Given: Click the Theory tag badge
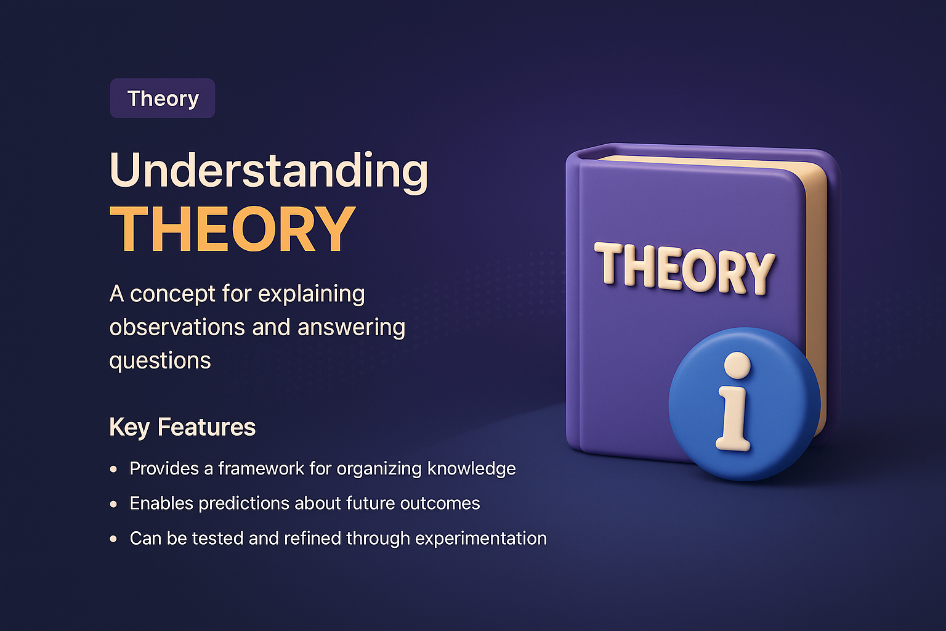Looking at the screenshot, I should [163, 99].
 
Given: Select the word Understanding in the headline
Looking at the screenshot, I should [269, 170].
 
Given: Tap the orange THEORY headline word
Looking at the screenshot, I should [232, 229].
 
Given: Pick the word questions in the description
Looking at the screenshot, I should [160, 361].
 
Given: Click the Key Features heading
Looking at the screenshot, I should [182, 427].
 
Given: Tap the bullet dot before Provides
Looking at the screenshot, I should [113, 469].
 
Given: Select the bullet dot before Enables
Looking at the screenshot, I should [113, 504].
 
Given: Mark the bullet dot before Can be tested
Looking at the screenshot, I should [113, 539].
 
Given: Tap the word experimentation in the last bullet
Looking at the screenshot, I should [481, 539].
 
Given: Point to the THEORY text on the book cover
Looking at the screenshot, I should [684, 269].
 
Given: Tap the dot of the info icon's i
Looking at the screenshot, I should [737, 365].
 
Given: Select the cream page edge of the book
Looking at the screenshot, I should [816, 296].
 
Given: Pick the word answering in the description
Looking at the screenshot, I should [351, 328].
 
